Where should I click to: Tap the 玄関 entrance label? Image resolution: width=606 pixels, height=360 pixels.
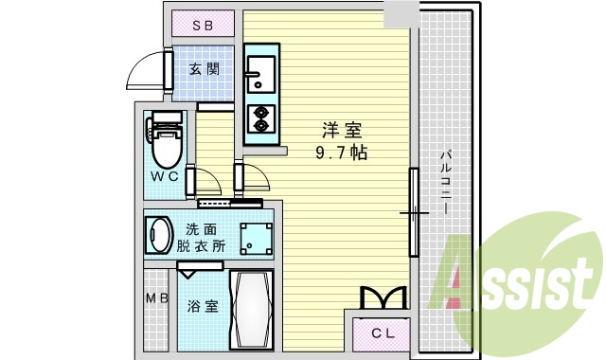(204, 69)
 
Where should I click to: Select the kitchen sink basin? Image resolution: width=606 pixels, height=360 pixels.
(258, 68)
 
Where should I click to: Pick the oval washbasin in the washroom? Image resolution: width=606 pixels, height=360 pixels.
(157, 234)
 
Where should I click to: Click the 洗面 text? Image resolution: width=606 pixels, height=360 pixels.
(201, 228)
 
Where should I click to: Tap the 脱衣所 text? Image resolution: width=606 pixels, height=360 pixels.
(202, 245)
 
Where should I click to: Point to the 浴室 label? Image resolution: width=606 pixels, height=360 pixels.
(202, 306)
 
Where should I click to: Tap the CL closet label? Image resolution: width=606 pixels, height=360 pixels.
(383, 333)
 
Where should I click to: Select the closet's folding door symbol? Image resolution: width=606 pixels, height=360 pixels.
(383, 298)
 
